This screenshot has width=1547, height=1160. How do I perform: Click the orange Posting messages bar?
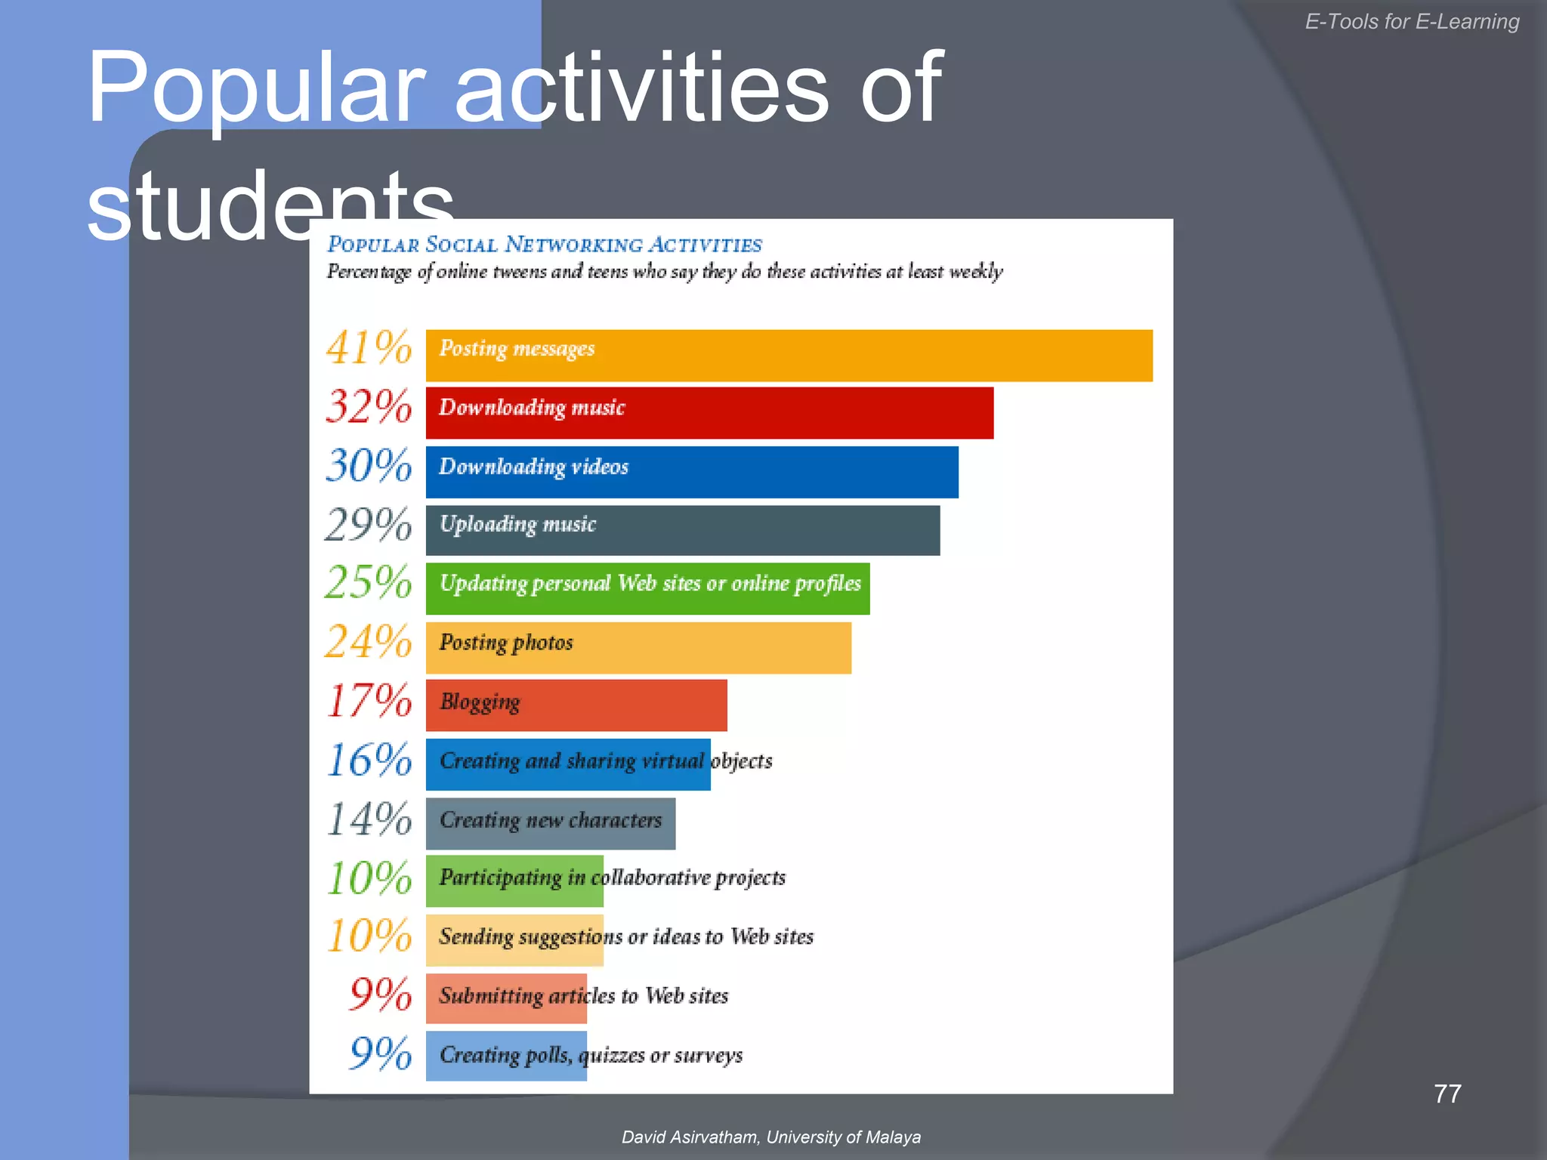point(789,355)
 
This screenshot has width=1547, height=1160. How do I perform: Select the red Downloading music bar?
point(709,413)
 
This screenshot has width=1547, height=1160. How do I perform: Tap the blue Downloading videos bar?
point(692,472)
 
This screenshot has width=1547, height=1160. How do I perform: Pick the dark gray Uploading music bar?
point(683,530)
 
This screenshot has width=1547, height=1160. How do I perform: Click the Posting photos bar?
point(638,647)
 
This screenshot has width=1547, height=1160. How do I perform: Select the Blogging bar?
point(576,705)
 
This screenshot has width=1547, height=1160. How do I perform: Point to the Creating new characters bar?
point(551,823)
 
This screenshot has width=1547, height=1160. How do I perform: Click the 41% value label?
point(369,348)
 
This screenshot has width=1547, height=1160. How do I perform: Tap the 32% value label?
point(369,406)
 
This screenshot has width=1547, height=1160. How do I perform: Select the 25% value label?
point(369,582)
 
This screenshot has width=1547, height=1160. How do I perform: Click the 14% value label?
point(369,819)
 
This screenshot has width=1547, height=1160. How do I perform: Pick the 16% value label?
point(369,760)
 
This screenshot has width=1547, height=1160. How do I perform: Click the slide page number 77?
point(1447,1094)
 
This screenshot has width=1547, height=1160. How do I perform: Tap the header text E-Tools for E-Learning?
point(1412,22)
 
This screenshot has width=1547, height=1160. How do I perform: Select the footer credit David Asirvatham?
point(770,1137)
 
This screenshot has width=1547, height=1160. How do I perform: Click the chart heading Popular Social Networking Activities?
point(545,245)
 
